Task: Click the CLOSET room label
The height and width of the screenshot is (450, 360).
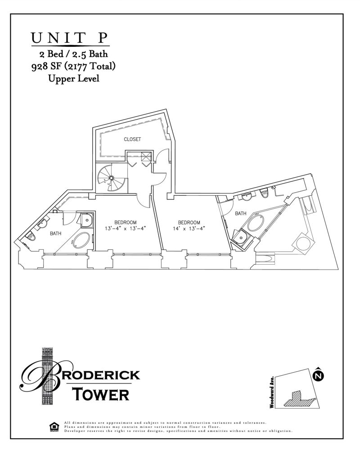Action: (132, 139)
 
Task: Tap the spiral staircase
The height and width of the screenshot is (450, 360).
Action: (110, 177)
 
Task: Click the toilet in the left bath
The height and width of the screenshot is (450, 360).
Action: (31, 236)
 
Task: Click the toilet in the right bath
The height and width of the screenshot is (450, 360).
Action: (265, 193)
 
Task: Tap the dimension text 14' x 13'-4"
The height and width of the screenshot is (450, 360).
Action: (189, 229)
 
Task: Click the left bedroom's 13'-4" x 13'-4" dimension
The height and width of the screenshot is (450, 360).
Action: (125, 229)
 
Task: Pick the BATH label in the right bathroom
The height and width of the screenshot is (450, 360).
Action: (240, 214)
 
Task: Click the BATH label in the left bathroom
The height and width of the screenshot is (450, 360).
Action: (55, 234)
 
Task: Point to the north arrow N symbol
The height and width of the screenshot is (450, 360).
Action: (318, 374)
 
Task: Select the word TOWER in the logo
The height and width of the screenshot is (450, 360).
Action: (101, 394)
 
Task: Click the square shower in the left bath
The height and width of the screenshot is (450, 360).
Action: (86, 219)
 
